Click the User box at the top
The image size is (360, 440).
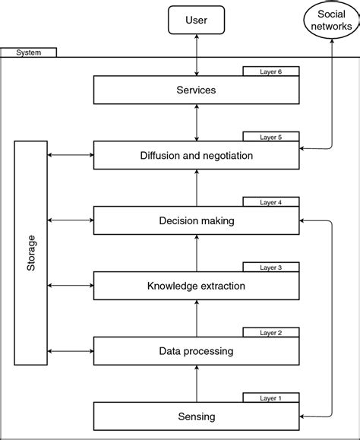point(197,21)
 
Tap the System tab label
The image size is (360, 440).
point(28,52)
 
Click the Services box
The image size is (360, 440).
point(197,90)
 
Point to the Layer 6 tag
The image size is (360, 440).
point(271,71)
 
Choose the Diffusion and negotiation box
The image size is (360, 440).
point(197,155)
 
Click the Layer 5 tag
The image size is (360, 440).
point(271,137)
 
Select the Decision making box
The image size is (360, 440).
point(197,221)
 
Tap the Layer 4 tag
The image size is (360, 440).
point(271,203)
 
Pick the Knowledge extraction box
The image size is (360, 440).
point(197,286)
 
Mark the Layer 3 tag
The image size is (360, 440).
point(271,267)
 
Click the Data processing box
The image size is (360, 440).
point(197,351)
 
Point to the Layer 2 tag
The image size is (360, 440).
point(271,333)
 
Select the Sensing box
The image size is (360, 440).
point(197,416)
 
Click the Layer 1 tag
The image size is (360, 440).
point(271,398)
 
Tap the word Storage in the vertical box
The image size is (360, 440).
point(30,253)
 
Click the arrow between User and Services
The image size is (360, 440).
point(197,55)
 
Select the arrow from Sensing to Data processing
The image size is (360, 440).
point(197,384)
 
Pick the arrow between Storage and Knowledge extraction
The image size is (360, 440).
point(70,286)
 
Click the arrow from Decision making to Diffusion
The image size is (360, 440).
point(197,188)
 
